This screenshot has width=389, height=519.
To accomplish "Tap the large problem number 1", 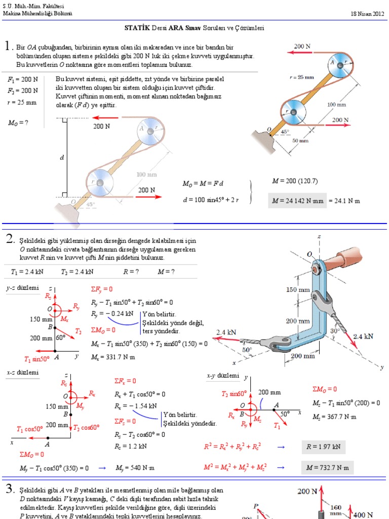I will point(8,47).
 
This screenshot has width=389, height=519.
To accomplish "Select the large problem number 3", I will point(9,489).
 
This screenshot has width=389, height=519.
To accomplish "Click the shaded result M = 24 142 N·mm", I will point(296,201).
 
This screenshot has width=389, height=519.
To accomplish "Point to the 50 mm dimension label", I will point(300,140).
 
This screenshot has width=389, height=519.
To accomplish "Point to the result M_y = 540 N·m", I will point(135,467).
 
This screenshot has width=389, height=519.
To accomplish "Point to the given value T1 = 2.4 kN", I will point(25,272).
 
